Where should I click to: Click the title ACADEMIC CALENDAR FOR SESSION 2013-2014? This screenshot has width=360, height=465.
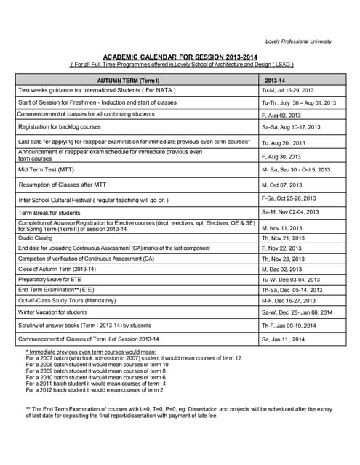tap(182, 56)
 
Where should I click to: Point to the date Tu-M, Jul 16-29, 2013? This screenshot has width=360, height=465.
tap(287, 90)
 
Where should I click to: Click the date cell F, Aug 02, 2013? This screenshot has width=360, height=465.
tap(281, 115)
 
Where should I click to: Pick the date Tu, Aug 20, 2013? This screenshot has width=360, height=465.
tap(284, 143)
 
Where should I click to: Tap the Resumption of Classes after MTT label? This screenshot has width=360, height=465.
tap(64, 185)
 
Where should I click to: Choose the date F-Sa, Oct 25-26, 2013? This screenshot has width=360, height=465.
tap(289, 198)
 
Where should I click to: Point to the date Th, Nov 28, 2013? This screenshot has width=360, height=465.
tap(282, 259)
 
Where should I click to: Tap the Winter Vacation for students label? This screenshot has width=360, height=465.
tap(57, 312)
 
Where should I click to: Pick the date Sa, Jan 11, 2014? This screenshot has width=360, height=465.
tap(284, 339)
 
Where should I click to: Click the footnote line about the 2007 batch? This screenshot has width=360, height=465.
tap(133, 359)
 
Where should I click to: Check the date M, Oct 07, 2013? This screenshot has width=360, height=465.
tap(281, 185)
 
